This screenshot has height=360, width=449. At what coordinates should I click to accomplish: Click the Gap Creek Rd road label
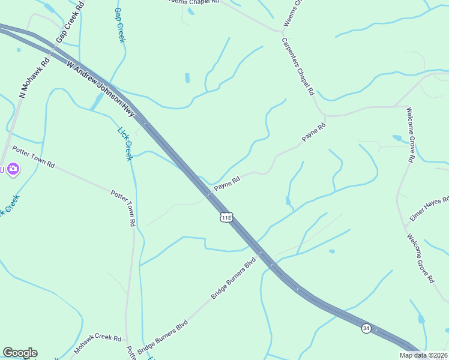pos(71,25)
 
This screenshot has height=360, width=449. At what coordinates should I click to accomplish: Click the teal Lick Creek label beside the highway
pos(124,143)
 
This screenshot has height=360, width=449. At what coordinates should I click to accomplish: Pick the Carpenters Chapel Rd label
pos(298,67)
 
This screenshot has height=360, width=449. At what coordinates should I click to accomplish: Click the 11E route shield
pos(226,217)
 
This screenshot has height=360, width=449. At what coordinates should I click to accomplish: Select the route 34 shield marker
pos(366,328)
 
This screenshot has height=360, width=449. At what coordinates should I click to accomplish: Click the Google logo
pos(20,353)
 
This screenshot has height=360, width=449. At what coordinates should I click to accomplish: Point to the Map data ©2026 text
pos(424,355)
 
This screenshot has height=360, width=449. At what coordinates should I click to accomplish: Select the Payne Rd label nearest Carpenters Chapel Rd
pos(313,132)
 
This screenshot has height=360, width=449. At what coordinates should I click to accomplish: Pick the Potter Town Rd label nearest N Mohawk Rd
pos(33,156)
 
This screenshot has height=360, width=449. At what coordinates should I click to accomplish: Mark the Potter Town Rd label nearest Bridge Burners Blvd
pos(124,208)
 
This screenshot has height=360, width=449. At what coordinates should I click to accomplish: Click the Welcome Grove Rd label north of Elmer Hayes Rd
pos(410,135)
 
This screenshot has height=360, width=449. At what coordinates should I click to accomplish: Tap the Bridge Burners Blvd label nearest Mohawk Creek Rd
pos(163,338)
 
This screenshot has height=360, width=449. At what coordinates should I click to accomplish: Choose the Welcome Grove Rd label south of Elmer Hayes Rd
pos(421,259)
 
